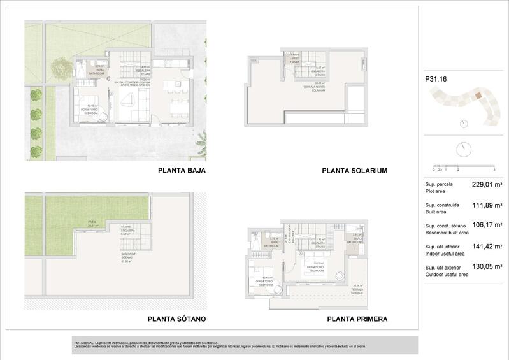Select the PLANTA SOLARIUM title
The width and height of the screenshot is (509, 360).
coord(354,171)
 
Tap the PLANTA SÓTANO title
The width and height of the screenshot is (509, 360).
coord(176,319)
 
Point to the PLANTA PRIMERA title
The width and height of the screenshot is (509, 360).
coord(357,319)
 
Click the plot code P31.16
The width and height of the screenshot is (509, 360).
coord(435,80)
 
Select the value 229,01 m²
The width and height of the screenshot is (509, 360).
coord(487,185)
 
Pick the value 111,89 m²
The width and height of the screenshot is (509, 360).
coord(487,205)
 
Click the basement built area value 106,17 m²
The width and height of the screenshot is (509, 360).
coord(487,226)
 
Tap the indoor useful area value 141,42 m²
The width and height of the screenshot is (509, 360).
coord(487,246)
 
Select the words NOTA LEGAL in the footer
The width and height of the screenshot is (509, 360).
coord(83,343)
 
